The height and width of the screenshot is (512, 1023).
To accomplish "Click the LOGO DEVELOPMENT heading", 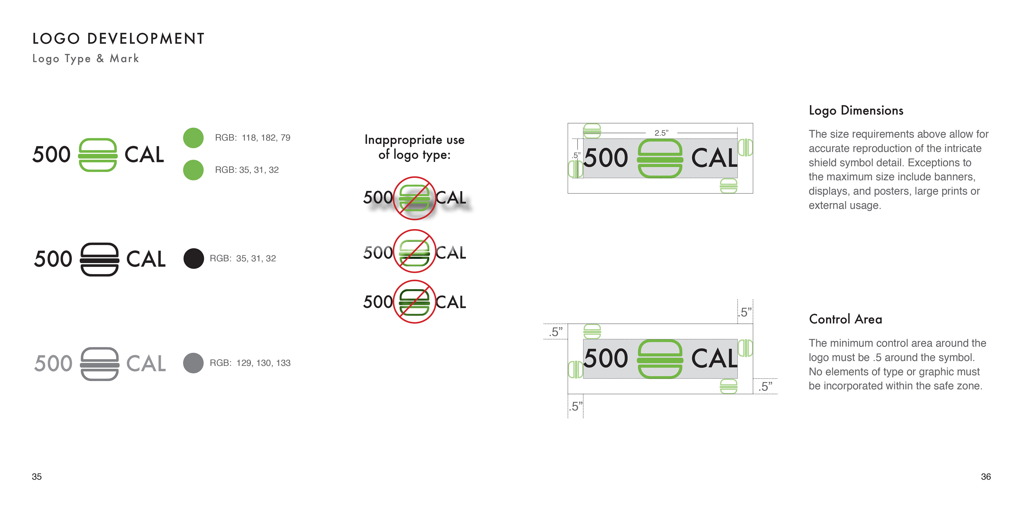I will (118, 39).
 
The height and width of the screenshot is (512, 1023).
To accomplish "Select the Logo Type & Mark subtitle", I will (85, 59).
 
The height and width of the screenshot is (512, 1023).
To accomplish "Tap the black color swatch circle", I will (193, 258).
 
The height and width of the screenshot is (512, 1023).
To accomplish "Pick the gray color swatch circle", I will (193, 363).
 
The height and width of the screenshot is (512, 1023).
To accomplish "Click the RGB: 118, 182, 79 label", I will (252, 138).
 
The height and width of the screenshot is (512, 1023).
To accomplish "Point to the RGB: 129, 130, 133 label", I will (250, 363).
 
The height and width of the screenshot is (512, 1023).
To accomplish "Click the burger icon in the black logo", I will (99, 259).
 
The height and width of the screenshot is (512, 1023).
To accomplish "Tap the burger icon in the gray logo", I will (99, 364).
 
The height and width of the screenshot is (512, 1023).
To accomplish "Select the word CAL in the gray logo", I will (146, 364).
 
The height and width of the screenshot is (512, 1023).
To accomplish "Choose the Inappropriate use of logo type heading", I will (414, 147).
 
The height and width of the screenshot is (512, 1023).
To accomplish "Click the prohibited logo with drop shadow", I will (414, 198).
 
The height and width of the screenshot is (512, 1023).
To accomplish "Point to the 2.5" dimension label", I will (661, 133).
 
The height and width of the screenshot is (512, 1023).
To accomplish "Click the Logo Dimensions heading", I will (856, 110).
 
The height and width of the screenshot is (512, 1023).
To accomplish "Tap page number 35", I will (36, 477).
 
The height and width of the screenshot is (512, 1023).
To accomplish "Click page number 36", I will (986, 477).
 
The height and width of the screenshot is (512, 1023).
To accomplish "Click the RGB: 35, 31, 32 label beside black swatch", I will (243, 258).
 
